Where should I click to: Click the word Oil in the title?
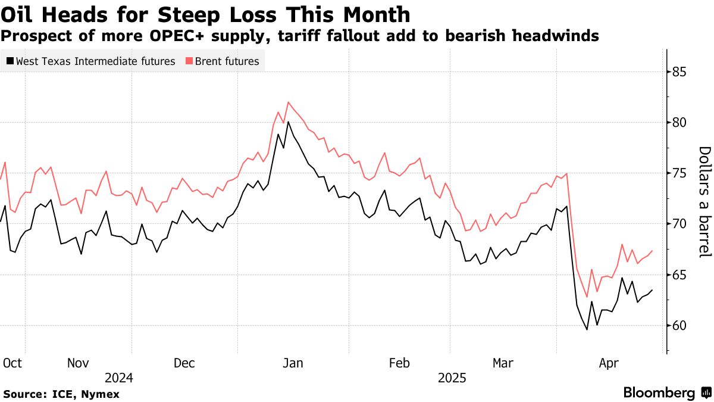click(x=18, y=14)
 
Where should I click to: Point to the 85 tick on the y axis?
click(x=681, y=72)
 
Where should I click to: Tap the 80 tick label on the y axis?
click(x=681, y=123)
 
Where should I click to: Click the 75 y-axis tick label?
click(x=681, y=173)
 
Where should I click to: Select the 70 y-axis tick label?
click(x=681, y=224)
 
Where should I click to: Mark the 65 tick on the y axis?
click(x=681, y=275)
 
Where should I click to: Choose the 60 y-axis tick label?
click(x=681, y=325)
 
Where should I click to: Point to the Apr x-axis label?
click(x=610, y=363)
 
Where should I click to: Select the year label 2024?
click(x=119, y=378)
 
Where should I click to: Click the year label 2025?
click(x=452, y=378)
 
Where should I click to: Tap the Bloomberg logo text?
click(x=659, y=393)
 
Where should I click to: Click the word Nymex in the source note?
click(x=99, y=394)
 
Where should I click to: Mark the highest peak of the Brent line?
click(x=288, y=102)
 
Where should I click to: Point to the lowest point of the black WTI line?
click(x=587, y=329)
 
